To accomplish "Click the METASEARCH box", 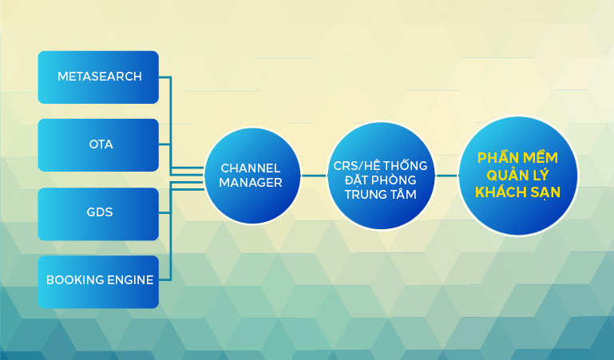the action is coord(98,77).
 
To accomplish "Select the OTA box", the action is coord(98,145).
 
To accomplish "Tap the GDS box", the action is coord(98,214).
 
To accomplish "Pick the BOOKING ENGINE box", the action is coord(98,282).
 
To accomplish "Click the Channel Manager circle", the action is coord(252,176).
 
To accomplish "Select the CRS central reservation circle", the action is coord(381,176).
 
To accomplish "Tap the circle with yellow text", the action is coord(518,176).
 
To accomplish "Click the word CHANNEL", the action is coord(251,168).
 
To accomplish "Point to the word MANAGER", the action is coord(251,183).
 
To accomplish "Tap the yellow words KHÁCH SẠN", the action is coord(517,192).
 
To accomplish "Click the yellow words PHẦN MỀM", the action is coord(517,157).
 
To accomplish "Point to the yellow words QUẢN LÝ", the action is coord(517,175).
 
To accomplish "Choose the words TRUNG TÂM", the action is coord(381,194).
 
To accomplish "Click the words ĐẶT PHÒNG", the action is coord(381,180).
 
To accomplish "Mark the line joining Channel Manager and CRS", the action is coord(314,176).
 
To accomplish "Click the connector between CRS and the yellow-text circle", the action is coord(447,176).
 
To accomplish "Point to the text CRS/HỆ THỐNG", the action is coord(380,165).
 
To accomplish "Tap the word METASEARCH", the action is coord(100,77).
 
